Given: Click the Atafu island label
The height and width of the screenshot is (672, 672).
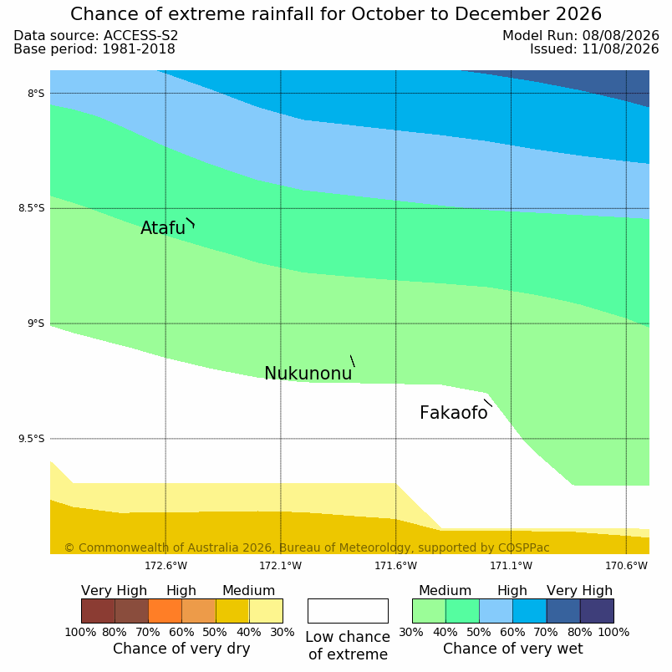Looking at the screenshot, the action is tap(163, 228).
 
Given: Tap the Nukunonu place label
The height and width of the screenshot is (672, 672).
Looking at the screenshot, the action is tap(308, 374).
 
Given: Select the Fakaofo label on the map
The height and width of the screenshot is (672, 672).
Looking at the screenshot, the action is tap(453, 413).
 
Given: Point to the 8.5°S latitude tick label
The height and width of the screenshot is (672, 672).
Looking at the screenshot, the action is tap(31, 209).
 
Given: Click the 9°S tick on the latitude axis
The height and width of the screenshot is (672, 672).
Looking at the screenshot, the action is tap(36, 323).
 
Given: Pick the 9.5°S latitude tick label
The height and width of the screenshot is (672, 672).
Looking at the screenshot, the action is tap(31, 439).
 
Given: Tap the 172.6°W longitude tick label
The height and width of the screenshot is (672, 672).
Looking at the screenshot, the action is tap(165, 566).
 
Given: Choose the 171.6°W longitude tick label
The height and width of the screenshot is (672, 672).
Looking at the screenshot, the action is tap(396, 566).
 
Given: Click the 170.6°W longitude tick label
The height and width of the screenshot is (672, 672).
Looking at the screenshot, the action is tap(626, 566).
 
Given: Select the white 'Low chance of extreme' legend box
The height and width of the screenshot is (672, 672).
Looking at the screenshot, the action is tap(348, 611).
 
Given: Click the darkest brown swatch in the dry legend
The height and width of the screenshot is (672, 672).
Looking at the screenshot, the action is tap(98, 611).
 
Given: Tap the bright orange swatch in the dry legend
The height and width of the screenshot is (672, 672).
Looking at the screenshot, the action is tap(165, 611).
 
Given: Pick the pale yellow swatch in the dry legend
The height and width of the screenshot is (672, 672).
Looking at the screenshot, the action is tap(266, 611).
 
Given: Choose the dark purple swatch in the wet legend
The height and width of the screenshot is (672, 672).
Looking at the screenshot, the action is tap(597, 611).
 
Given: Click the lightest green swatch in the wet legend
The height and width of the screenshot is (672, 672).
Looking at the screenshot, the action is tap(429, 611).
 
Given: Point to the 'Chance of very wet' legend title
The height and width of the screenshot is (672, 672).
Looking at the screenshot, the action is tap(513, 649).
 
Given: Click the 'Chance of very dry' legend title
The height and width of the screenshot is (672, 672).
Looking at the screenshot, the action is tap(181, 649).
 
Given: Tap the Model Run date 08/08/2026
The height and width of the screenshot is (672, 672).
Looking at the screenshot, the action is tap(620, 36).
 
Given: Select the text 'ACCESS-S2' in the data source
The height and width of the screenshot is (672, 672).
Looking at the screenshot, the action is tap(141, 36).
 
